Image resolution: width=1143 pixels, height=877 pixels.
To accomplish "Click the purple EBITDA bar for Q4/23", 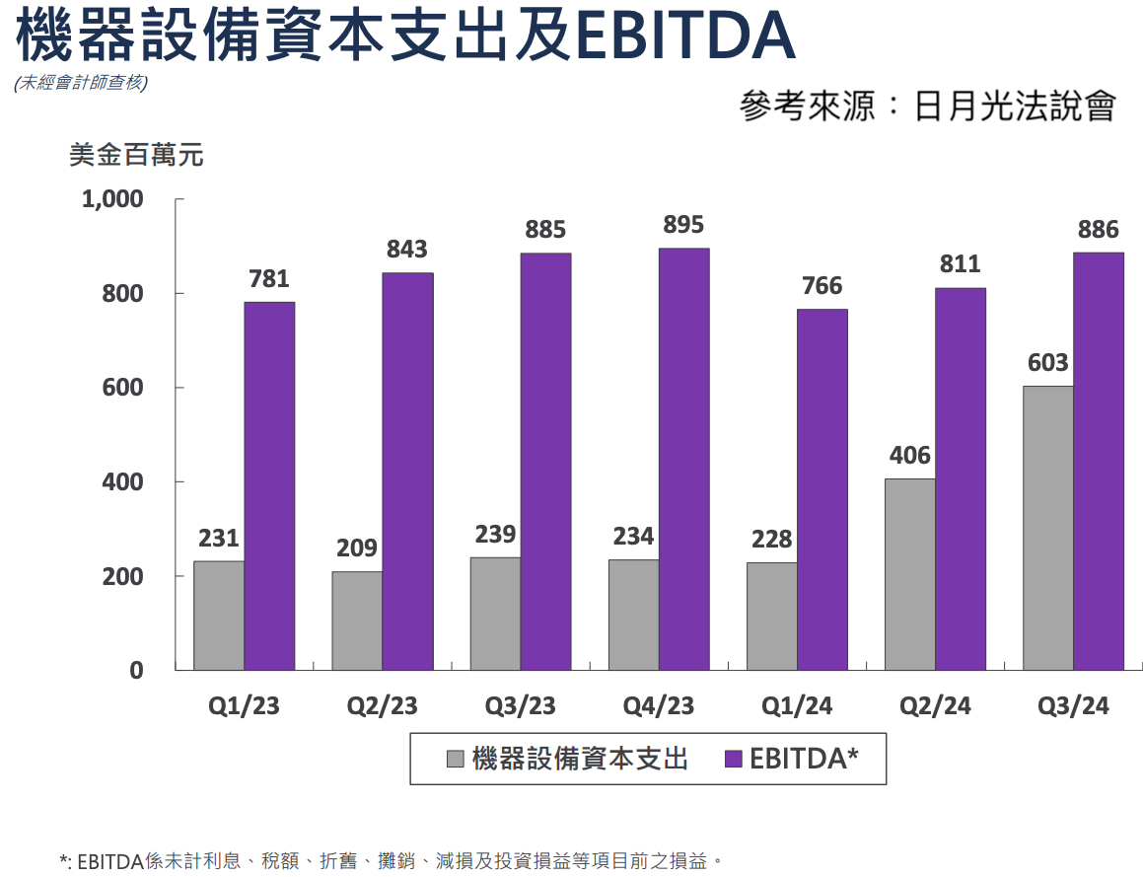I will coord(683,459).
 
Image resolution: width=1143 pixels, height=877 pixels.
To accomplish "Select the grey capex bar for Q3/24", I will coord(1047,528).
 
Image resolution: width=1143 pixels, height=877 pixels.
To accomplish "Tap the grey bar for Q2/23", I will coord(357,621).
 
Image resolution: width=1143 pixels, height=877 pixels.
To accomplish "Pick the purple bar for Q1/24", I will coord(822,489).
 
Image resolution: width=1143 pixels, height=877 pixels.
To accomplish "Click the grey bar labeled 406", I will coord(909,574).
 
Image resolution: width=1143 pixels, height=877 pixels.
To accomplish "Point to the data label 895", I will coord(683,225).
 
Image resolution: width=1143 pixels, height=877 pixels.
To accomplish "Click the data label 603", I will coord(1047,363).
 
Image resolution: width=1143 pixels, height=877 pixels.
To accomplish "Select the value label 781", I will coord(269,279).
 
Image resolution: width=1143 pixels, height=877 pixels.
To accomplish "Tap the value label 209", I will coord(357,548).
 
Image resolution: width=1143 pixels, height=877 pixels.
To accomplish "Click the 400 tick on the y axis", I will coord(124,482).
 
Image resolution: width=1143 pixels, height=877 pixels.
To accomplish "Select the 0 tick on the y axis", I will coord(137,671).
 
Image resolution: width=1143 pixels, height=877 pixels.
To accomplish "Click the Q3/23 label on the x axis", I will coord(520,706).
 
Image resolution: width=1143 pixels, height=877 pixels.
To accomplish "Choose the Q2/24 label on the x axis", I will coord(935,706).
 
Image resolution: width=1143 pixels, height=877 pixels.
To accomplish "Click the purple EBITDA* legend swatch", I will coord(733,759).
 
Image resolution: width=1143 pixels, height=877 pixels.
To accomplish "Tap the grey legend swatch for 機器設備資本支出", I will coord(456,759).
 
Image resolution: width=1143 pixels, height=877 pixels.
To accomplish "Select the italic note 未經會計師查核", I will coord(81,84).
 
